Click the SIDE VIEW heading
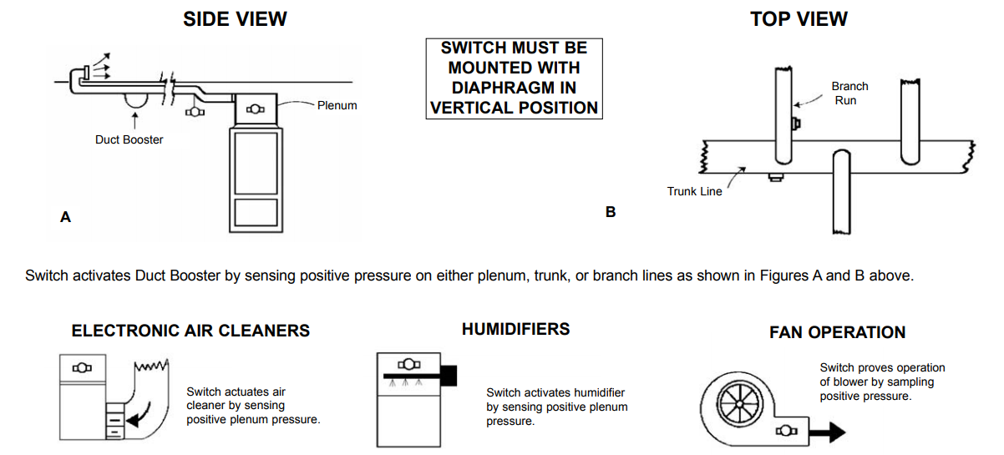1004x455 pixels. click(x=235, y=19)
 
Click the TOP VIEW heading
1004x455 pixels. click(x=799, y=19)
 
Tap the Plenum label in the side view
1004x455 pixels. click(x=337, y=105)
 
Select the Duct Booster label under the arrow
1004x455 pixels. click(x=129, y=139)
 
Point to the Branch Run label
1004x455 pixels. click(x=849, y=93)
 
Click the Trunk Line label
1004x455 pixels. click(x=694, y=191)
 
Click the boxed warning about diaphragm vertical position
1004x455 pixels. click(x=514, y=78)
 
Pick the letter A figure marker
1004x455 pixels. click(x=65, y=217)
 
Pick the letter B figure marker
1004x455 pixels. click(x=611, y=212)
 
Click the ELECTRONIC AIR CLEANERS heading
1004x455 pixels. click(x=190, y=331)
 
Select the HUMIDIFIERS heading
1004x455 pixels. click(x=515, y=329)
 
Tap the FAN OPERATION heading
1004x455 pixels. click(x=837, y=332)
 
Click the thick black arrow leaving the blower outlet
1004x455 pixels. click(x=826, y=432)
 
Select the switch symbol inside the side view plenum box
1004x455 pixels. click(x=256, y=109)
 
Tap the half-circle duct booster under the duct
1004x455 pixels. click(x=134, y=98)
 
